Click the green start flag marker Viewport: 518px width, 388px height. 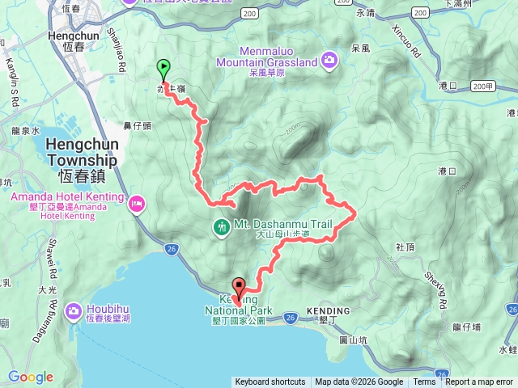[x=163, y=68]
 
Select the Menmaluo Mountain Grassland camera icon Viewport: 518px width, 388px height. [x=329, y=59]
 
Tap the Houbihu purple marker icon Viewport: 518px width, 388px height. [x=73, y=310]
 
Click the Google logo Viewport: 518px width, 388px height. [x=31, y=377]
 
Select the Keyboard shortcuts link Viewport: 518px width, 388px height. [x=270, y=382]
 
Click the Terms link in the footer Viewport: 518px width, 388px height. [x=424, y=382]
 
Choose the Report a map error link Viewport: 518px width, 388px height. [x=479, y=382]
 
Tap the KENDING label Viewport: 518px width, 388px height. [x=329, y=311]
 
